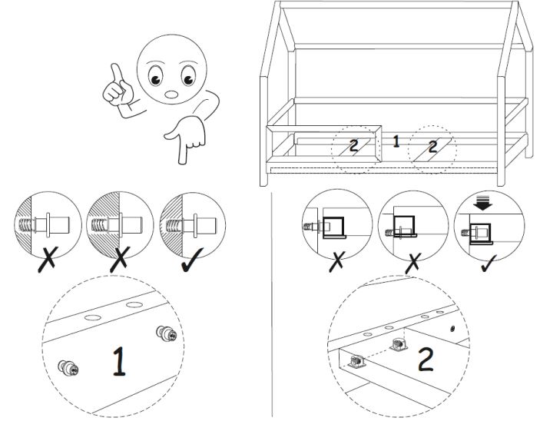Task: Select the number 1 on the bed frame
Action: point(396,141)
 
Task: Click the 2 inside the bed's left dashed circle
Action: point(354,145)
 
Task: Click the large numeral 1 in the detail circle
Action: point(118,361)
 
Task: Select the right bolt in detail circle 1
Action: point(165,333)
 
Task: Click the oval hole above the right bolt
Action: point(135,307)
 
